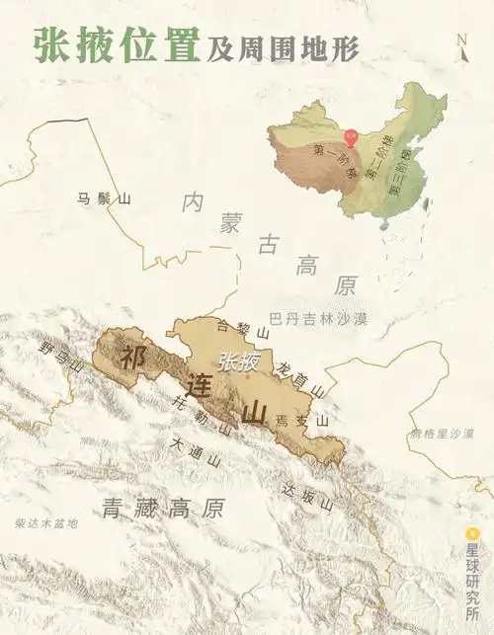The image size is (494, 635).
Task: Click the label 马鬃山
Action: (x=104, y=199)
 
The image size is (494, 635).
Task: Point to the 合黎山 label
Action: (x=236, y=335)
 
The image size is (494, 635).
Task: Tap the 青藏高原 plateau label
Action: (x=163, y=509)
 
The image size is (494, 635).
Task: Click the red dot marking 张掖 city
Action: (x=247, y=375)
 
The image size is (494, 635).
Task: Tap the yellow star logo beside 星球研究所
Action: (x=472, y=531)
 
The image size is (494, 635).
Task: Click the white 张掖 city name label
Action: (x=239, y=361)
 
